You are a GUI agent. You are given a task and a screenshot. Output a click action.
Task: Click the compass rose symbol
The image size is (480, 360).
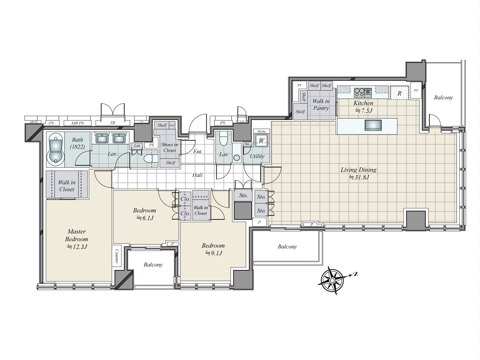click(332, 280)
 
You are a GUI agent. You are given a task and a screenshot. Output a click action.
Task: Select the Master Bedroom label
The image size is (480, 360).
click(76, 239)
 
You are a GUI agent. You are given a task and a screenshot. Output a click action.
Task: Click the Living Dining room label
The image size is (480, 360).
click(358, 173)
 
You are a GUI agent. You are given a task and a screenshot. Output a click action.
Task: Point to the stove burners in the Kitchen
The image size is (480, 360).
click(363, 91)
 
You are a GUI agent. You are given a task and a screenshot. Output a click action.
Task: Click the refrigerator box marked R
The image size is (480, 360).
click(399, 93)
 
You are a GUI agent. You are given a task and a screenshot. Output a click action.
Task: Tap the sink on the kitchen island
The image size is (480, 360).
click(373, 125)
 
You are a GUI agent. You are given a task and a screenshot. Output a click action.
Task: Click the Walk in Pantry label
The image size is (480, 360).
click(321, 105)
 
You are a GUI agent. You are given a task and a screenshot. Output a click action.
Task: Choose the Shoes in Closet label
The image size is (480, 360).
click(169, 147)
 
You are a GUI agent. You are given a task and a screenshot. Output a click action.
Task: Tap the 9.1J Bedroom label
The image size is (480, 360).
click(213, 249)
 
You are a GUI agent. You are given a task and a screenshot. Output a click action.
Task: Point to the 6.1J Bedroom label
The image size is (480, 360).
click(145, 214)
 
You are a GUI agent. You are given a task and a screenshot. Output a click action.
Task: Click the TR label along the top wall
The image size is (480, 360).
click(112, 123)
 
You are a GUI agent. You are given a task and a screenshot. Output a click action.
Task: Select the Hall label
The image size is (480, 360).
click(197, 175)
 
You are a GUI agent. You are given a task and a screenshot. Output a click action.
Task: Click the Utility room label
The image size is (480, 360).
click(257, 156)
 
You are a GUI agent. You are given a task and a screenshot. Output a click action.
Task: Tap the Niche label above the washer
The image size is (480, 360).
click(262, 131)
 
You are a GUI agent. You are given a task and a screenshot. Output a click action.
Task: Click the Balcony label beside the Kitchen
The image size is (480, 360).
click(443, 97)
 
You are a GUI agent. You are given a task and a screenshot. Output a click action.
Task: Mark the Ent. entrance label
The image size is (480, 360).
click(197, 152)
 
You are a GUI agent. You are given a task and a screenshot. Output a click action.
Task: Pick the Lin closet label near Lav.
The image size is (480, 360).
click(137, 146)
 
